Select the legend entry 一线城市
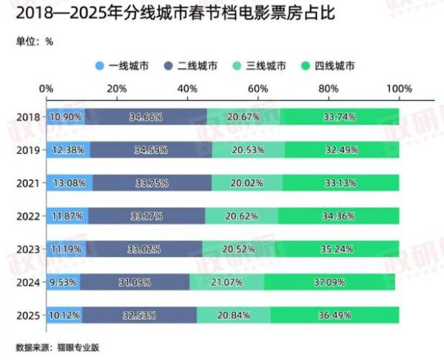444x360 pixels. coord(124,66)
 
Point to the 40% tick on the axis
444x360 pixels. coord(187,89)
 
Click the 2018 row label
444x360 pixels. coord(27,118)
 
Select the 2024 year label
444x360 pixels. coord(27,281)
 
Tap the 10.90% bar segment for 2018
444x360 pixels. coord(65,117)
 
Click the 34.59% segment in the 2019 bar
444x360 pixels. coord(152,150)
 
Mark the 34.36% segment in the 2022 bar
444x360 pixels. coord(338,216)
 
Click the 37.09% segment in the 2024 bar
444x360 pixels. coord(329,281)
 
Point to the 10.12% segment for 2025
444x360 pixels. coord(64,315)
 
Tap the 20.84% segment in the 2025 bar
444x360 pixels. coord(233,315)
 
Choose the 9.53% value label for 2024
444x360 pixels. coord(64,281)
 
